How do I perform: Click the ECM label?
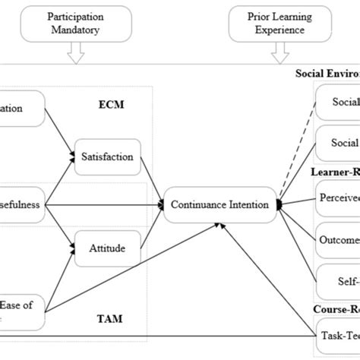coord(110,105)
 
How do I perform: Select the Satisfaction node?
coord(106,157)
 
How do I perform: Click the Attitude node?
coord(106,248)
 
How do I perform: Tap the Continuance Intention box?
coord(220,204)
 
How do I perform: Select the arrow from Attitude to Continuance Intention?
coord(152,226)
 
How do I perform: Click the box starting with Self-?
coord(339,281)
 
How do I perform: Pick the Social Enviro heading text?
coord(327,74)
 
